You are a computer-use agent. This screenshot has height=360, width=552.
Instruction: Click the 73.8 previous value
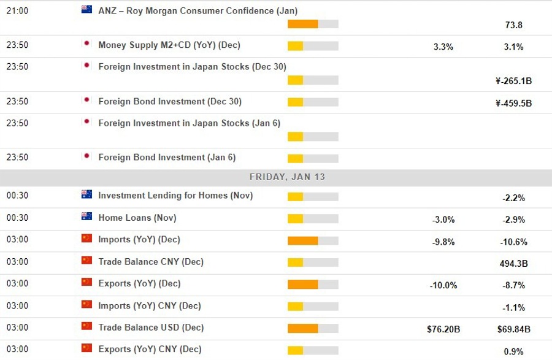point(513,25)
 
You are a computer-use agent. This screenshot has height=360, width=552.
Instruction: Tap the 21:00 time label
point(17,10)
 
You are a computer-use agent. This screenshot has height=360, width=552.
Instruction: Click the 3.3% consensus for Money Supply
point(443,47)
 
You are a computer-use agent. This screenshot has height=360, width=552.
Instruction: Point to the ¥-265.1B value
point(513,81)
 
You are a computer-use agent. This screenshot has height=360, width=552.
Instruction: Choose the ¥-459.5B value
point(513,103)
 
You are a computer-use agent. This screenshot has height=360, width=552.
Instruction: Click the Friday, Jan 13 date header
point(287,177)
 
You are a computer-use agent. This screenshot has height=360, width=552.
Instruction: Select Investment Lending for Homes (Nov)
point(175,196)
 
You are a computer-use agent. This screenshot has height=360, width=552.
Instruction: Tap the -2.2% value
point(513,198)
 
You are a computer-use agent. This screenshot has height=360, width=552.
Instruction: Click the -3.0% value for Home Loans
point(443,220)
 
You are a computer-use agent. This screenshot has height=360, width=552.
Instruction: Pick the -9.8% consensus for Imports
point(443,242)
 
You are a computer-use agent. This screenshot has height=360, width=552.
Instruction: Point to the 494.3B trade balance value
point(513,264)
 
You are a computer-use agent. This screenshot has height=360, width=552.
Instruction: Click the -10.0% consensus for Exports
point(443,285)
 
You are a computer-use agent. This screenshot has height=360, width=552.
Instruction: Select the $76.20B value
point(443,329)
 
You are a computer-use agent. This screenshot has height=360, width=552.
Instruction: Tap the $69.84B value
point(513,329)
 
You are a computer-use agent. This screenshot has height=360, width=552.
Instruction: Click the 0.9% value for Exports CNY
point(513,351)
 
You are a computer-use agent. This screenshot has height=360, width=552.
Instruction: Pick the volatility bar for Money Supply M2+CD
point(313,46)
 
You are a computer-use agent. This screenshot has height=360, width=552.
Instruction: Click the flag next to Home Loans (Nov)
point(86,217)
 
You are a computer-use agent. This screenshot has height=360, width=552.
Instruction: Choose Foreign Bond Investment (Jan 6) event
point(167,157)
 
